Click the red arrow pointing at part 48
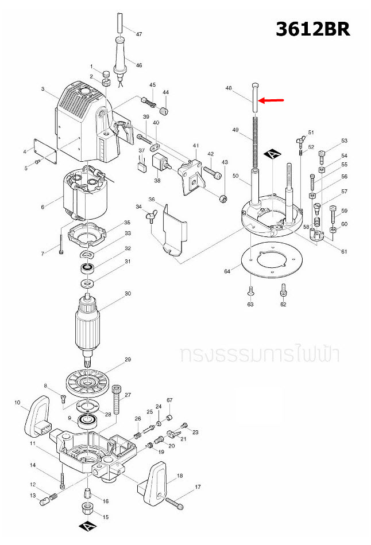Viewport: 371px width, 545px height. (x=272, y=100)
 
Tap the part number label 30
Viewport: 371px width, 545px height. (x=128, y=294)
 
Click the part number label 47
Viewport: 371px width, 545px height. (x=138, y=34)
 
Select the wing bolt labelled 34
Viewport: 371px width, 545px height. (x=152, y=216)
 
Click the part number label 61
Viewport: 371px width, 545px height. (x=344, y=252)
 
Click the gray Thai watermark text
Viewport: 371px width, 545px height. (x=259, y=354)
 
